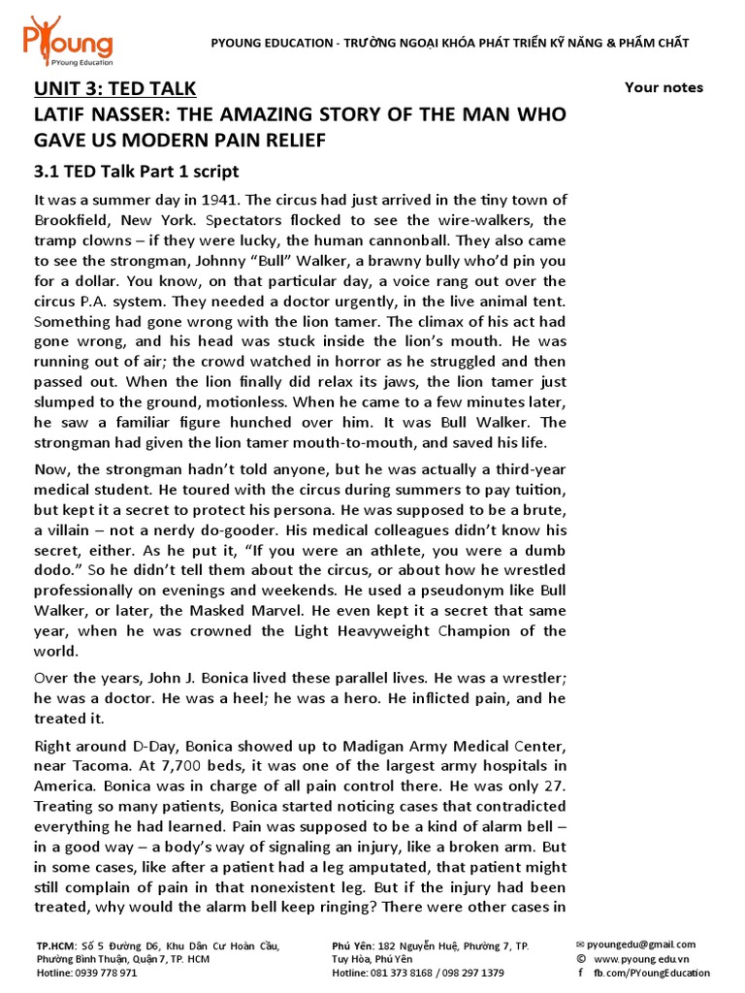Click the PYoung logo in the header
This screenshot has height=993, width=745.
coord(67,40)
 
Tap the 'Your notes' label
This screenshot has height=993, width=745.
coord(664,87)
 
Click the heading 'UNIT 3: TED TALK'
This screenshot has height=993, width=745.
coord(115,89)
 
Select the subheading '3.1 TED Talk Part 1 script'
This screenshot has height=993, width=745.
coord(136,172)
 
